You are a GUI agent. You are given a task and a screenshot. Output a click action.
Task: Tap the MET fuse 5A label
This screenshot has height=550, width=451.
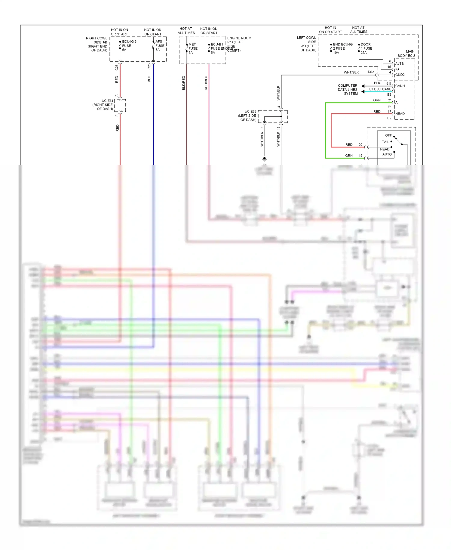[193, 48]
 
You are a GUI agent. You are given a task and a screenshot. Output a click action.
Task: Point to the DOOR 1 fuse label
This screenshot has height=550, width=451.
[366, 48]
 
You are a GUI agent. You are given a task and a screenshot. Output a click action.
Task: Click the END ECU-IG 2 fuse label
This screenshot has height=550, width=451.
[342, 48]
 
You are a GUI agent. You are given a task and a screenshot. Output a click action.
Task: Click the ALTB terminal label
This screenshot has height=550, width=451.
[399, 64]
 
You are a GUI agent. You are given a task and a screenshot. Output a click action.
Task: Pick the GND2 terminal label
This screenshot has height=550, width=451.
[400, 75]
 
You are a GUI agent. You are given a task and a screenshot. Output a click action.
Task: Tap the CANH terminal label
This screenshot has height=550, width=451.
[400, 86]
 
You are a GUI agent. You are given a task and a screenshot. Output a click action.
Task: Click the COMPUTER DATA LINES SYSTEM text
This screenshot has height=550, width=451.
[348, 90]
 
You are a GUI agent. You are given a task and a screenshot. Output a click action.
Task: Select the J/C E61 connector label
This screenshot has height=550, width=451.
[103, 105]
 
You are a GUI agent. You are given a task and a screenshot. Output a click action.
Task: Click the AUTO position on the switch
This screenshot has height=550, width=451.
[387, 154]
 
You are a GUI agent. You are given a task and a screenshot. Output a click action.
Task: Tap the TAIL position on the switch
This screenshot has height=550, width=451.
[385, 142]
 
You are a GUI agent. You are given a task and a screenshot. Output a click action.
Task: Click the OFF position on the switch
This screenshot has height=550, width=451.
[388, 135]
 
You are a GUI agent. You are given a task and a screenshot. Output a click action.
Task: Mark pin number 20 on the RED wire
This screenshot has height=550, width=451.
[360, 145]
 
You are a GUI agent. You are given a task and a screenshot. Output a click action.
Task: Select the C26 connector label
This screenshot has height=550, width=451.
[117, 67]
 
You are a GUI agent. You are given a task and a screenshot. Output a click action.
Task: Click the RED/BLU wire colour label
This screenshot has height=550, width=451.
[206, 83]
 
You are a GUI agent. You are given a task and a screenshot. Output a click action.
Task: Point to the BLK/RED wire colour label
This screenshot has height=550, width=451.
[184, 83]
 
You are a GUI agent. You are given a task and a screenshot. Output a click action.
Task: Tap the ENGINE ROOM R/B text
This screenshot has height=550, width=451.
[239, 40]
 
